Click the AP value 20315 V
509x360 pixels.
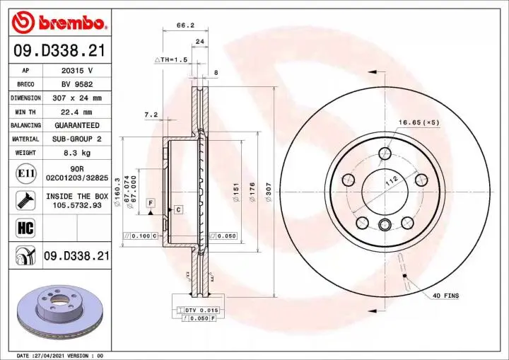point(77,71)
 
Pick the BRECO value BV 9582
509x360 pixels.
point(77,85)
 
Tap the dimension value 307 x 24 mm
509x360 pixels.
point(77,98)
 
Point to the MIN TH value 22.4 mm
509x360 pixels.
point(77,112)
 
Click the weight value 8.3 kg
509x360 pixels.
point(77,152)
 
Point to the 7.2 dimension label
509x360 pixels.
point(150,114)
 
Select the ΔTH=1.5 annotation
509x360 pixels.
point(171,60)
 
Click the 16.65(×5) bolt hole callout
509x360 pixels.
point(418,122)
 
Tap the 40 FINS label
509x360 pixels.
point(446,295)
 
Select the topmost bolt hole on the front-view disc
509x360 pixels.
point(385,153)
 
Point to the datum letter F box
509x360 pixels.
point(151,203)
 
